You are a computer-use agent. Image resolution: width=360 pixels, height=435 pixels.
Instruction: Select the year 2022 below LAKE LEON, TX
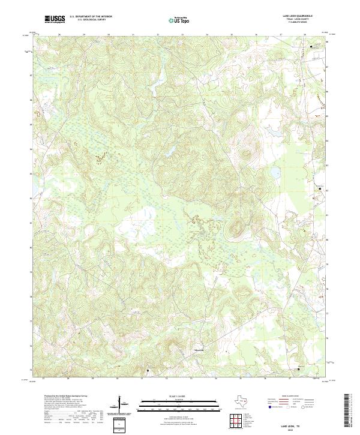(x=275, y=428)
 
